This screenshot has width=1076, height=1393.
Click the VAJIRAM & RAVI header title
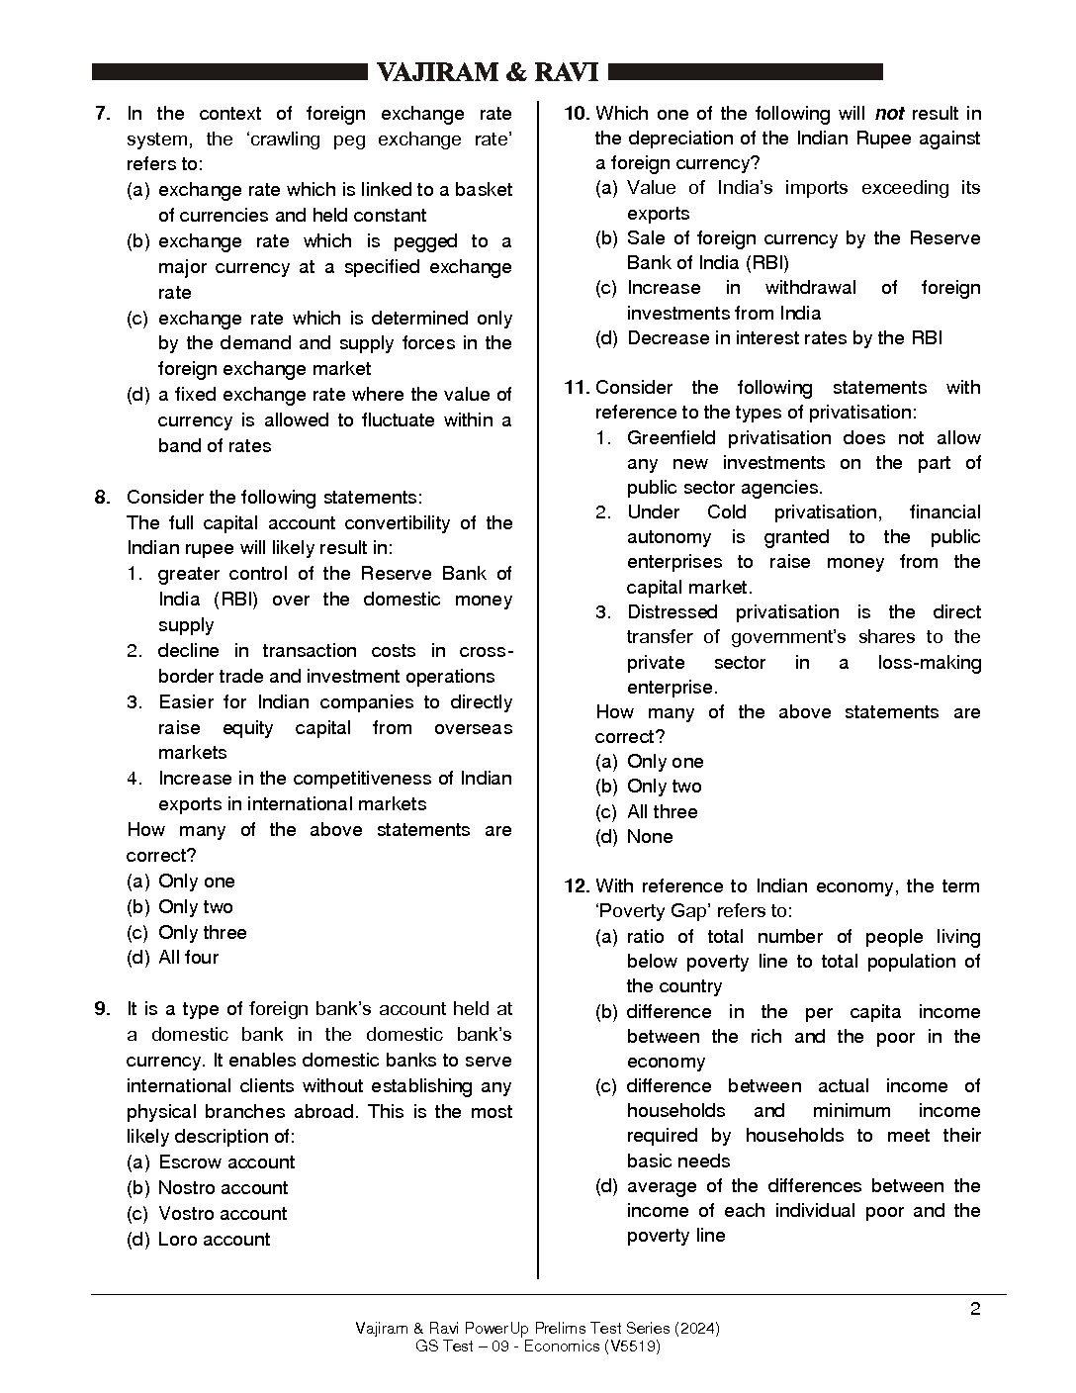(x=488, y=73)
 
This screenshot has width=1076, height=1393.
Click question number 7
(x=103, y=114)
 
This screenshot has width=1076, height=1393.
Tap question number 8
(x=103, y=498)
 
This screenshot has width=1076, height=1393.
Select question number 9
(x=103, y=1009)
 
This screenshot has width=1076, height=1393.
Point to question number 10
(x=577, y=114)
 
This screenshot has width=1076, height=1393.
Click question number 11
(x=577, y=388)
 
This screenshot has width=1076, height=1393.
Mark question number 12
(x=577, y=886)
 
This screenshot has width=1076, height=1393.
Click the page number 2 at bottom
(x=975, y=1310)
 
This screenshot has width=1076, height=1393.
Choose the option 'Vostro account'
(x=223, y=1214)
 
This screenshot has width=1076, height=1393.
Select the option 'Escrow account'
(x=226, y=1162)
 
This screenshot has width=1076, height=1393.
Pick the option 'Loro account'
(x=214, y=1240)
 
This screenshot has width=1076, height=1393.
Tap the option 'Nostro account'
(x=224, y=1188)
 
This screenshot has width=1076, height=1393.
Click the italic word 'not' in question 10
(x=889, y=114)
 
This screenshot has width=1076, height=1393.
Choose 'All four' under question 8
(x=188, y=958)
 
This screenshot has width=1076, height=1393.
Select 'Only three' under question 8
(x=202, y=933)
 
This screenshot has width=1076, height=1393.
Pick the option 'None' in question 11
(x=650, y=837)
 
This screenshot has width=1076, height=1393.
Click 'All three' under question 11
(x=662, y=812)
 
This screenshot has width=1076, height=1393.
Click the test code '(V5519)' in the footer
(x=633, y=1347)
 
